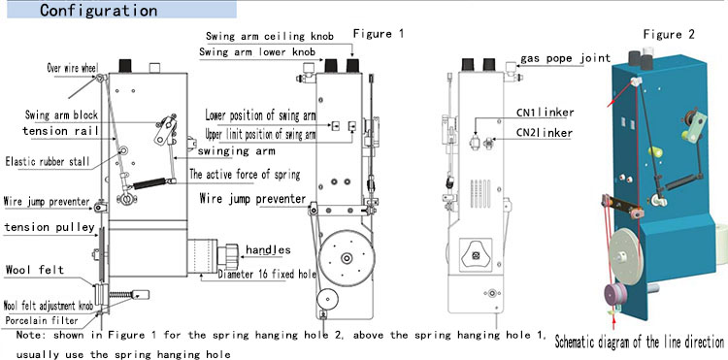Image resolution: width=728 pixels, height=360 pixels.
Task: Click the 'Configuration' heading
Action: pos(98,11)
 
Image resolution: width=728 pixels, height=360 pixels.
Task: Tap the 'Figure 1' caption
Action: pos(379,33)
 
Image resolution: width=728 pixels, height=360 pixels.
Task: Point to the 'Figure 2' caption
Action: pos(669,34)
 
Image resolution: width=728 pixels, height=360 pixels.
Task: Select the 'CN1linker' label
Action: pos(546,113)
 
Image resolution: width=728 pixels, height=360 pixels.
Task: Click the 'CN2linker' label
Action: pos(545,133)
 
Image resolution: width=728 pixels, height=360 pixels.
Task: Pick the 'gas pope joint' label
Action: pos(566,58)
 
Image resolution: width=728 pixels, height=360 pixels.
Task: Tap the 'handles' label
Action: pos(268,249)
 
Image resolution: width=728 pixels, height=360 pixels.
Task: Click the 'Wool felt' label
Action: pos(35,270)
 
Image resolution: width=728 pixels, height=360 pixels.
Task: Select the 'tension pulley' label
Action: pos(50,227)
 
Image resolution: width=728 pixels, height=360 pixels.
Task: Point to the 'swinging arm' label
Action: pos(236,150)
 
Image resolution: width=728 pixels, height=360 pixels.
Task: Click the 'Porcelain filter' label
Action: pos(42,320)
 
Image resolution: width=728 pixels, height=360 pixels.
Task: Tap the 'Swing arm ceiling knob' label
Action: pos(270,36)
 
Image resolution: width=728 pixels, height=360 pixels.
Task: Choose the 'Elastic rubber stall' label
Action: pos(48,161)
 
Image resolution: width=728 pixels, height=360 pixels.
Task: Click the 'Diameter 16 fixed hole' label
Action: pos(267,275)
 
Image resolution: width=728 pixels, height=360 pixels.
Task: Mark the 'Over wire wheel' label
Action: pos(73,68)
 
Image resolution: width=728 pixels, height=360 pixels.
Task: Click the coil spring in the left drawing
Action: pos(149,183)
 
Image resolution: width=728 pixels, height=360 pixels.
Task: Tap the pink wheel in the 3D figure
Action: pos(615,295)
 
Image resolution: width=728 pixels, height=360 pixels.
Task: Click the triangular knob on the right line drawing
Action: pos(476,254)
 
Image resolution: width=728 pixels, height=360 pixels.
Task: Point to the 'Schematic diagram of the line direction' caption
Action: pos(640,343)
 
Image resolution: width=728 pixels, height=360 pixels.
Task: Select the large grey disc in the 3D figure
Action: pos(625,254)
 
